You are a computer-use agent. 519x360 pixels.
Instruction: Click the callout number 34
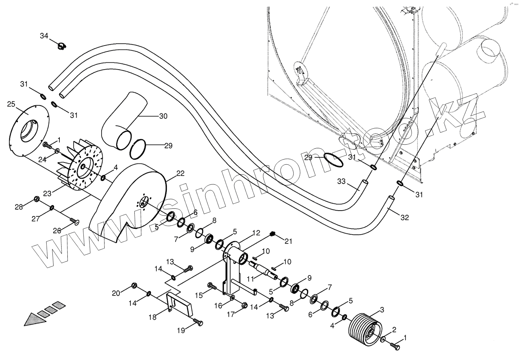pos(44,36)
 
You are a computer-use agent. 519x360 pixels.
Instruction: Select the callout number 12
pos(256,232)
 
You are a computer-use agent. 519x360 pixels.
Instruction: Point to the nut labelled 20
pos(134,285)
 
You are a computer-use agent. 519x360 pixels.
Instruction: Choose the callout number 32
pos(404,218)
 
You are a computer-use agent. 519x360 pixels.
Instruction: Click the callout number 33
pos(341,181)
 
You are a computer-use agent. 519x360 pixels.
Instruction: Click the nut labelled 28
pos(36,199)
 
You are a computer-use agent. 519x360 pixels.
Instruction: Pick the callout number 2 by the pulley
pos(394,330)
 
